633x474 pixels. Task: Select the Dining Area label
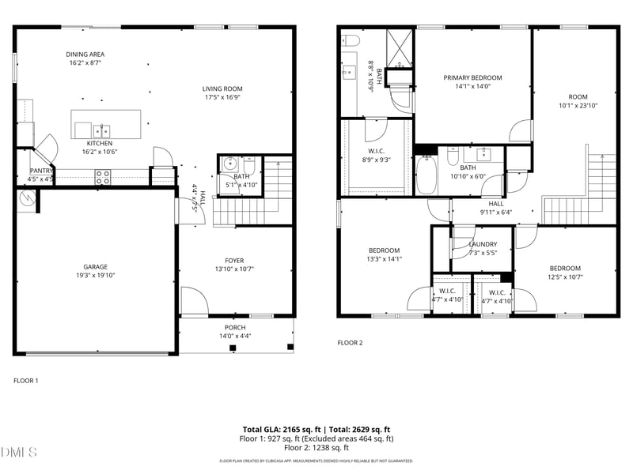point(85,55)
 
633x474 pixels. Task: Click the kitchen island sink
point(101,130)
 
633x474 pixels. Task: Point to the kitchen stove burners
point(103,177)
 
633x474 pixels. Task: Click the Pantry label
point(40,171)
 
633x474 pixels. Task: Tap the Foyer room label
point(234,261)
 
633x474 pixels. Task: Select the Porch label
point(234,327)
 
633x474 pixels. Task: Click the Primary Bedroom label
point(472,77)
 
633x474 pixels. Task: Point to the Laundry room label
point(483,244)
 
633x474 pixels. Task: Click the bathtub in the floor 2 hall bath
point(426,175)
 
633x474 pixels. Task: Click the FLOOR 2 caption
point(350,343)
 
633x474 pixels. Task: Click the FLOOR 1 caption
point(25,381)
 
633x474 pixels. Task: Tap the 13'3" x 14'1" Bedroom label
point(384,250)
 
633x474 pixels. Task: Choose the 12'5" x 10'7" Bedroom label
point(565,268)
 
